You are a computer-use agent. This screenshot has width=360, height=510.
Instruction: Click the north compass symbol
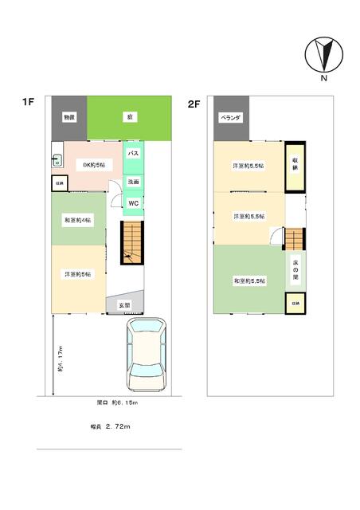point(323,56)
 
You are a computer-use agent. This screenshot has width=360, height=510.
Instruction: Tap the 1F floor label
point(29,101)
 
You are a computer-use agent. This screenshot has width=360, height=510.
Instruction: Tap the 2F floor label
point(194,104)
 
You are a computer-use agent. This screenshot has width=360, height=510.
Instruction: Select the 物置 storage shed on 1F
point(69,117)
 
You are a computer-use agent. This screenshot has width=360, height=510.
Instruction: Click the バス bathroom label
point(135,152)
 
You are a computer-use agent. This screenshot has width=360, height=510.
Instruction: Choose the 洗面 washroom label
point(135,182)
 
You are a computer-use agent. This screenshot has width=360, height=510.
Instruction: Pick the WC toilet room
point(135,203)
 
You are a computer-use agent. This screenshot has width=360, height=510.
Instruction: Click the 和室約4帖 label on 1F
point(78,219)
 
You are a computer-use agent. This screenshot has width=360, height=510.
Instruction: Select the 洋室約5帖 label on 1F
point(78,273)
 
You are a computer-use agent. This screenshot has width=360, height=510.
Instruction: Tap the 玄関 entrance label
point(125,305)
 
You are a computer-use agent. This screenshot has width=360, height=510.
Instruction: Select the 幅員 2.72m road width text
point(110,427)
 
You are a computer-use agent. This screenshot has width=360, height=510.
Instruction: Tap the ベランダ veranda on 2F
point(231,117)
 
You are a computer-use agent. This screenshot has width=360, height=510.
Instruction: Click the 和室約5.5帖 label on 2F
point(249,281)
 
